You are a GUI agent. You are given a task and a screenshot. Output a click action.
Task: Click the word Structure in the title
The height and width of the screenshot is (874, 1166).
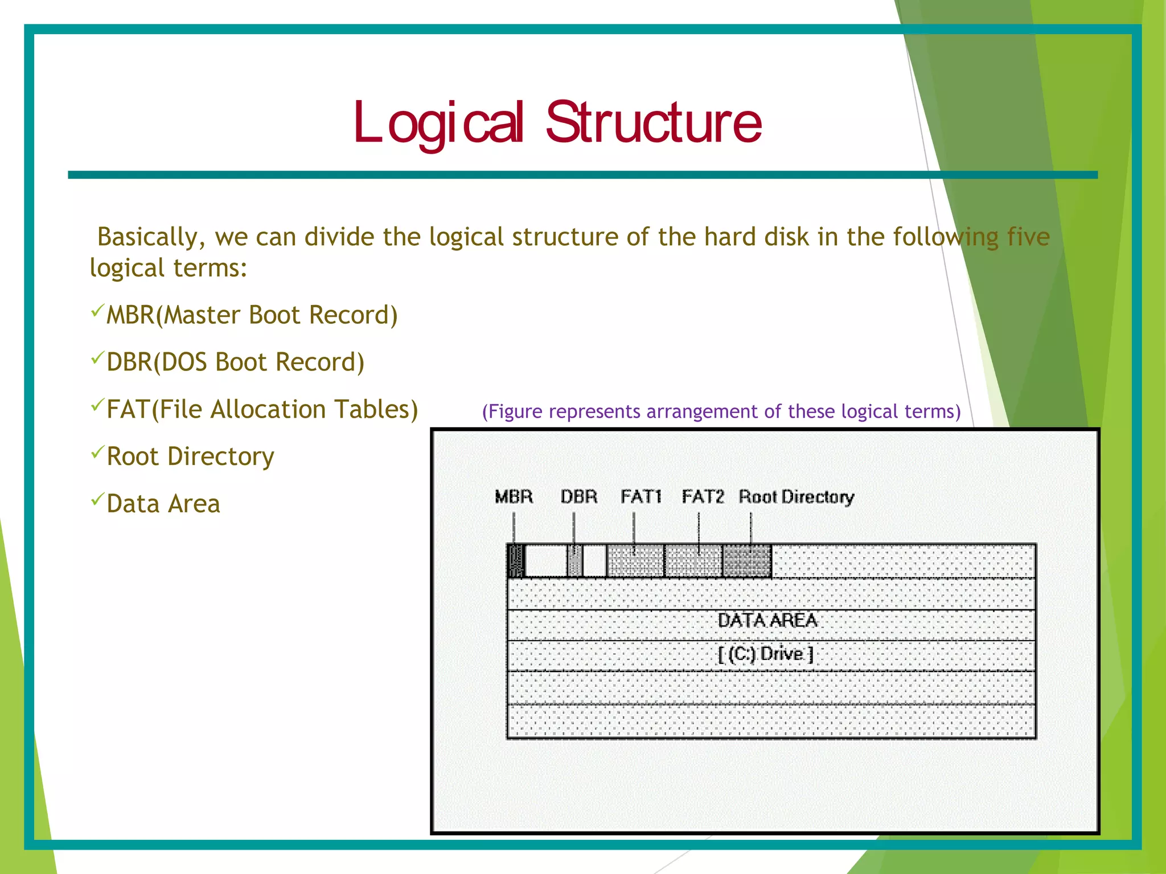pyautogui.click(x=654, y=122)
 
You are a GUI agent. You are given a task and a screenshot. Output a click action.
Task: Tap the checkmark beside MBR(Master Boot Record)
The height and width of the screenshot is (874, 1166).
pyautogui.click(x=97, y=311)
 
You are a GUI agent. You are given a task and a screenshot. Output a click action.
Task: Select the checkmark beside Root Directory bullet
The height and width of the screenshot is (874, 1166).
pyautogui.click(x=97, y=452)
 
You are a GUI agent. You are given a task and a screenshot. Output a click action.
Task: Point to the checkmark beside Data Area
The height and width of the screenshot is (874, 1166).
pyautogui.click(x=97, y=500)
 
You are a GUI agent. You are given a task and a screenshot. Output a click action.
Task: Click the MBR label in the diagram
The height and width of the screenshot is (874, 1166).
pyautogui.click(x=514, y=497)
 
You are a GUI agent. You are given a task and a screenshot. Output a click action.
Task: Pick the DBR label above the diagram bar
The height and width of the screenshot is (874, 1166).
pyautogui.click(x=579, y=497)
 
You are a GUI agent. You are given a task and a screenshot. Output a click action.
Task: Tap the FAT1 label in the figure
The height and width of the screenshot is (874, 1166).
pyautogui.click(x=641, y=497)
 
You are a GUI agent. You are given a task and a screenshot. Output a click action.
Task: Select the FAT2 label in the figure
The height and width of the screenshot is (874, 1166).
pyautogui.click(x=703, y=497)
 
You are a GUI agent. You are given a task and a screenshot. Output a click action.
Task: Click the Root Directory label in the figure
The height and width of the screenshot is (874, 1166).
pyautogui.click(x=797, y=497)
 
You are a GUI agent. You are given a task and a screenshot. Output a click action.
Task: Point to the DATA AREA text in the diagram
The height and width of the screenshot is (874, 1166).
pyautogui.click(x=767, y=620)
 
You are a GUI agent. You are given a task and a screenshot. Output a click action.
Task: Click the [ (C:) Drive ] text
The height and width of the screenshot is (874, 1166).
pyautogui.click(x=766, y=654)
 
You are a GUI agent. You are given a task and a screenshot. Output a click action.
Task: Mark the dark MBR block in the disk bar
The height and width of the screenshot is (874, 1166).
pyautogui.click(x=516, y=561)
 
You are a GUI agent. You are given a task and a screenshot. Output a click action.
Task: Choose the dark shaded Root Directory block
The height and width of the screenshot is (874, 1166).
pyautogui.click(x=747, y=561)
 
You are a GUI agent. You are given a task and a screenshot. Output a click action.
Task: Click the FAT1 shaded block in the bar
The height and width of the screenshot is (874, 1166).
pyautogui.click(x=635, y=561)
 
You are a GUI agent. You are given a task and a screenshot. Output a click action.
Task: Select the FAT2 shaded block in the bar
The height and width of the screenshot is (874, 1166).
pyautogui.click(x=693, y=561)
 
